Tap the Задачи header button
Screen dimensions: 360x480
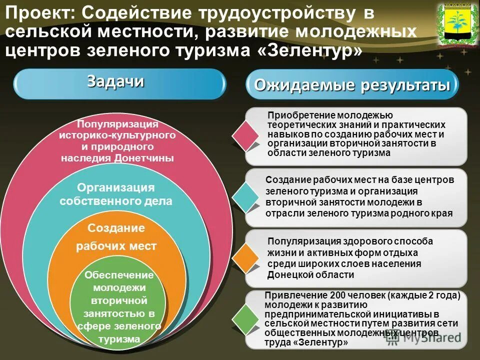(119, 83)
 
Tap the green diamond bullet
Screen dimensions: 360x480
(246, 318)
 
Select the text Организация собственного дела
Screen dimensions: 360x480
(116, 194)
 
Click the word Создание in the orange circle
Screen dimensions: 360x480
(116, 228)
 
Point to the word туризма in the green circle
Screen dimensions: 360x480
(119, 339)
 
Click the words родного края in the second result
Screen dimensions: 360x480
(431, 213)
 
